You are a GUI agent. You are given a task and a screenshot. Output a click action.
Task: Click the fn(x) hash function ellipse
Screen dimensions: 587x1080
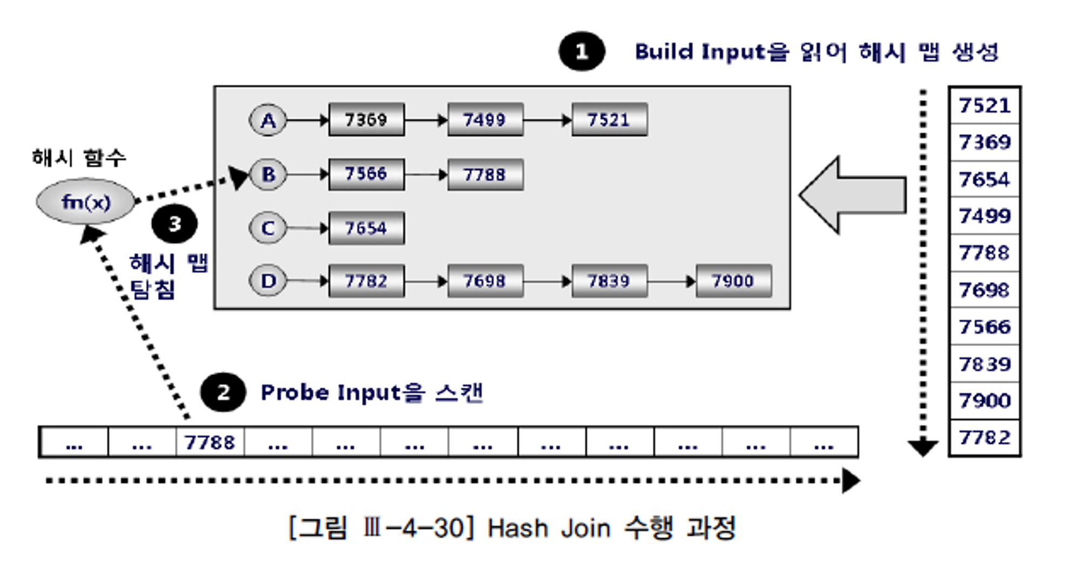(x=85, y=202)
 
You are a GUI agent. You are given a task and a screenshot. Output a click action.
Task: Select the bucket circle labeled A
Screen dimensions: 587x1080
(x=268, y=120)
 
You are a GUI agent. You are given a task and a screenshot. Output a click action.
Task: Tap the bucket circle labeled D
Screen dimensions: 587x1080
(x=268, y=281)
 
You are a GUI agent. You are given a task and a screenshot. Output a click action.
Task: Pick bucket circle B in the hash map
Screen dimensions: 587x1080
(x=268, y=174)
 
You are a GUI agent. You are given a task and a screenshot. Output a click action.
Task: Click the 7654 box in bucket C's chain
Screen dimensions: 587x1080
(x=366, y=228)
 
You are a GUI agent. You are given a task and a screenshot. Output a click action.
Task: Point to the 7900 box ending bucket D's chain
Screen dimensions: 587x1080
(x=733, y=281)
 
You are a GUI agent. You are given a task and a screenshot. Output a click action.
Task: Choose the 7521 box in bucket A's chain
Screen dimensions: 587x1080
(x=609, y=119)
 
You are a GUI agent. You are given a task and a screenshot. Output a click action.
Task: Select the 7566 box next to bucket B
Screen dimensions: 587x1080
(x=366, y=174)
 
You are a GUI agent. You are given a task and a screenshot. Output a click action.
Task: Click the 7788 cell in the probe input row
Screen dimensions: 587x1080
(x=210, y=442)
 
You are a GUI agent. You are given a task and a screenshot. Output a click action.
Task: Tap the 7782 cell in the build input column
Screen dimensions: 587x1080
(x=984, y=437)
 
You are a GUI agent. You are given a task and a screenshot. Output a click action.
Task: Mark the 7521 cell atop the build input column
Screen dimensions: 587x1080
(x=984, y=105)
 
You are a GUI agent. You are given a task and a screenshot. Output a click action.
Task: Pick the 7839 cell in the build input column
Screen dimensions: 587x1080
(x=984, y=364)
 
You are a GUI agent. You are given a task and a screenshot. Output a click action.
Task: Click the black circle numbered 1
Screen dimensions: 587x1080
(x=582, y=52)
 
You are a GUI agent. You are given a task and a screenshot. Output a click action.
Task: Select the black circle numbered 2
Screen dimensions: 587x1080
(x=223, y=392)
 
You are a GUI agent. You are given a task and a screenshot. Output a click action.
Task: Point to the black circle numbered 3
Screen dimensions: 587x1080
(x=174, y=224)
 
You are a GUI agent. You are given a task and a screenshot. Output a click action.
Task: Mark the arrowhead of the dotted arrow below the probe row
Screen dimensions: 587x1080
(x=850, y=481)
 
